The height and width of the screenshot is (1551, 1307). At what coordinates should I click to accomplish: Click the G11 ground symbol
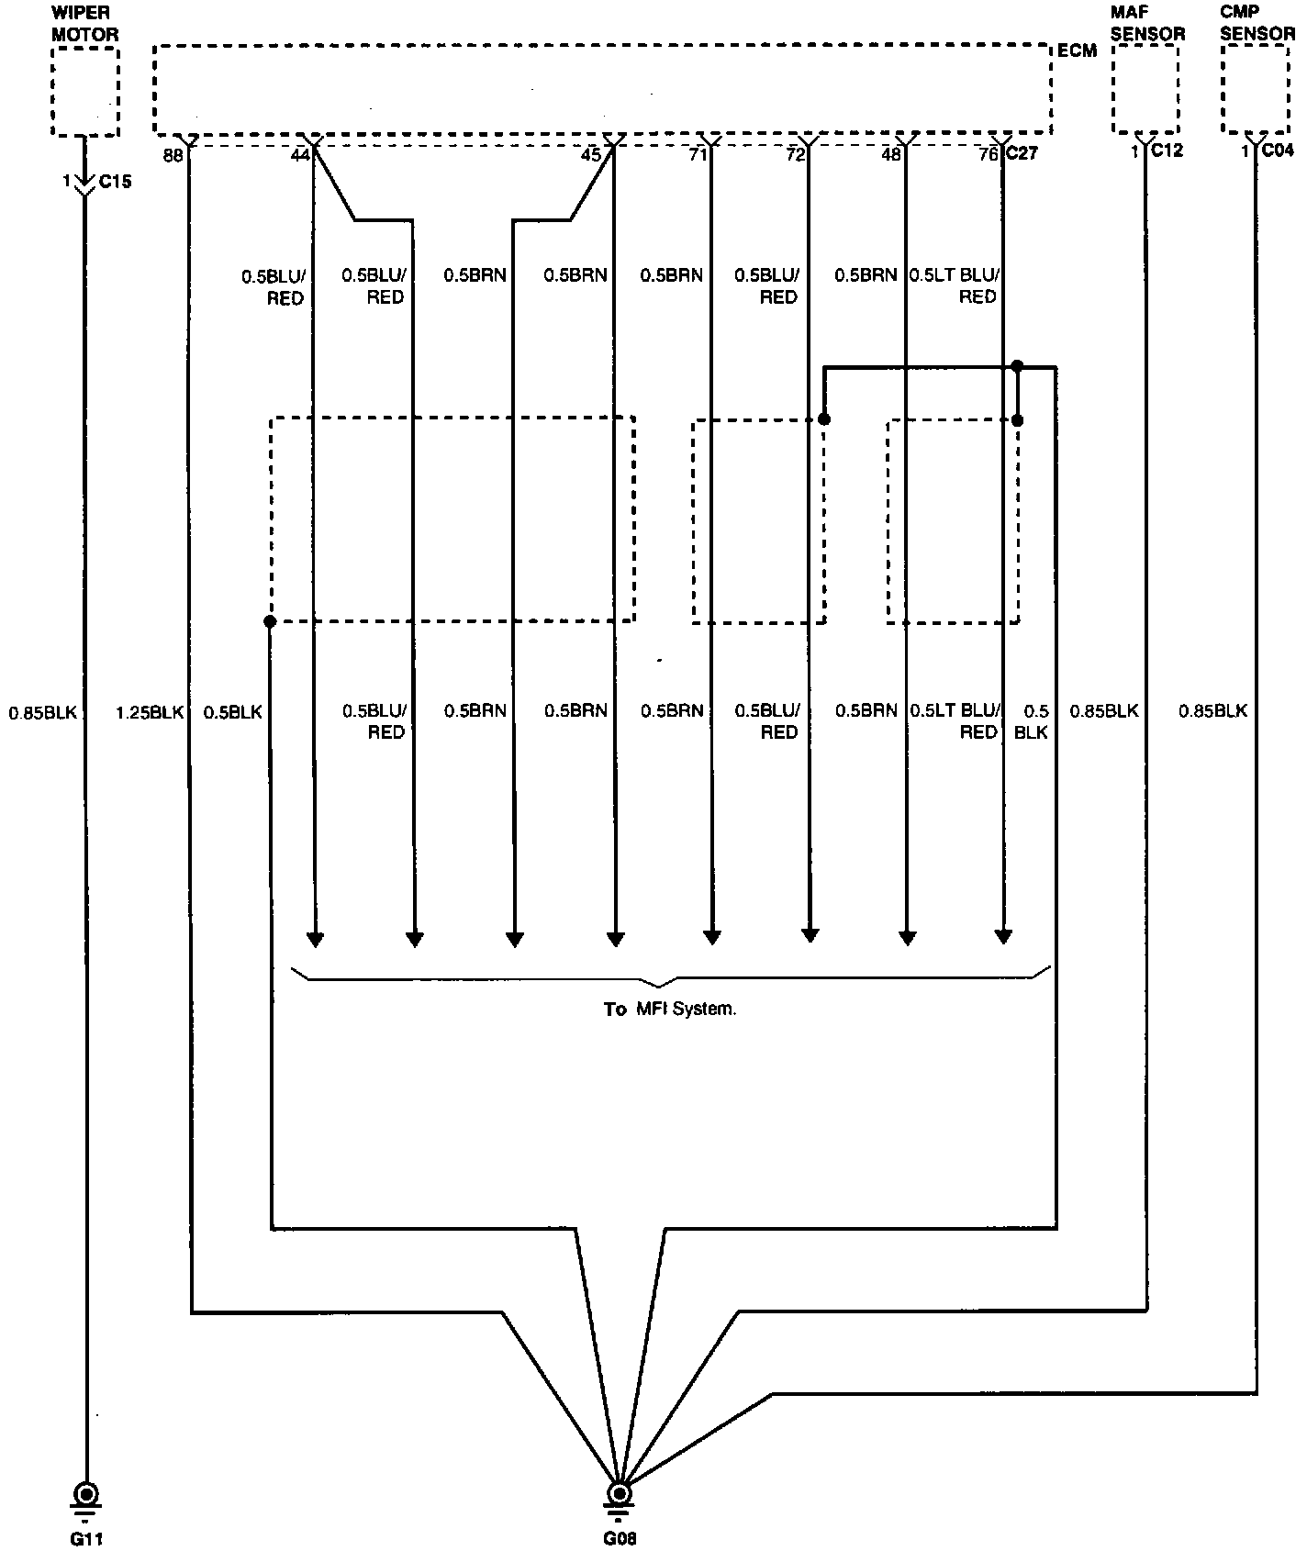86,1494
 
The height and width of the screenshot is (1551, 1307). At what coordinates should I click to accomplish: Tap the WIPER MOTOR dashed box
85,92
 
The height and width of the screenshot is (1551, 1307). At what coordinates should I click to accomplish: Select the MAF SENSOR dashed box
1145,88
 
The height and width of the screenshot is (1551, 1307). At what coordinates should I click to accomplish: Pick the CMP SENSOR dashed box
1255,88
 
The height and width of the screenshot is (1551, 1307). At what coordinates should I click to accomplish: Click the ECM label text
1077,51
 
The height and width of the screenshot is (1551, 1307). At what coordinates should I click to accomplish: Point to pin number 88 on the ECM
173,156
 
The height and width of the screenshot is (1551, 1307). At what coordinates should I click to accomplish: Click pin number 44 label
299,156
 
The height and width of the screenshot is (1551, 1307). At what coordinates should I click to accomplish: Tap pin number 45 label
591,156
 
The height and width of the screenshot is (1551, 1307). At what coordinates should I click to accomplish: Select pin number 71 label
698,156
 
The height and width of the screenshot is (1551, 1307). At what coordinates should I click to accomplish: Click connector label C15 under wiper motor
116,182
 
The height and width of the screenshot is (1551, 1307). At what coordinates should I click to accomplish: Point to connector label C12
1167,151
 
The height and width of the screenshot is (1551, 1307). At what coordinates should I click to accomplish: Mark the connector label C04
1277,151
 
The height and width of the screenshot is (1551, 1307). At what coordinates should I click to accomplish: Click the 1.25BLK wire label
151,711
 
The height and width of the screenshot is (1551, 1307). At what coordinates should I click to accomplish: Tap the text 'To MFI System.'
670,1010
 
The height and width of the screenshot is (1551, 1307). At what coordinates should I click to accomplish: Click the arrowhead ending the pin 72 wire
810,935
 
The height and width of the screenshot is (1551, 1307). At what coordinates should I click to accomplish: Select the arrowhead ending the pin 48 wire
907,937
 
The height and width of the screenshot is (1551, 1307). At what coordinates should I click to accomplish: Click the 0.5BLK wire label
233,711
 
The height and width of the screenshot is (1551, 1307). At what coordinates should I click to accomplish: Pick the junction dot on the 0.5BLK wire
270,621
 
